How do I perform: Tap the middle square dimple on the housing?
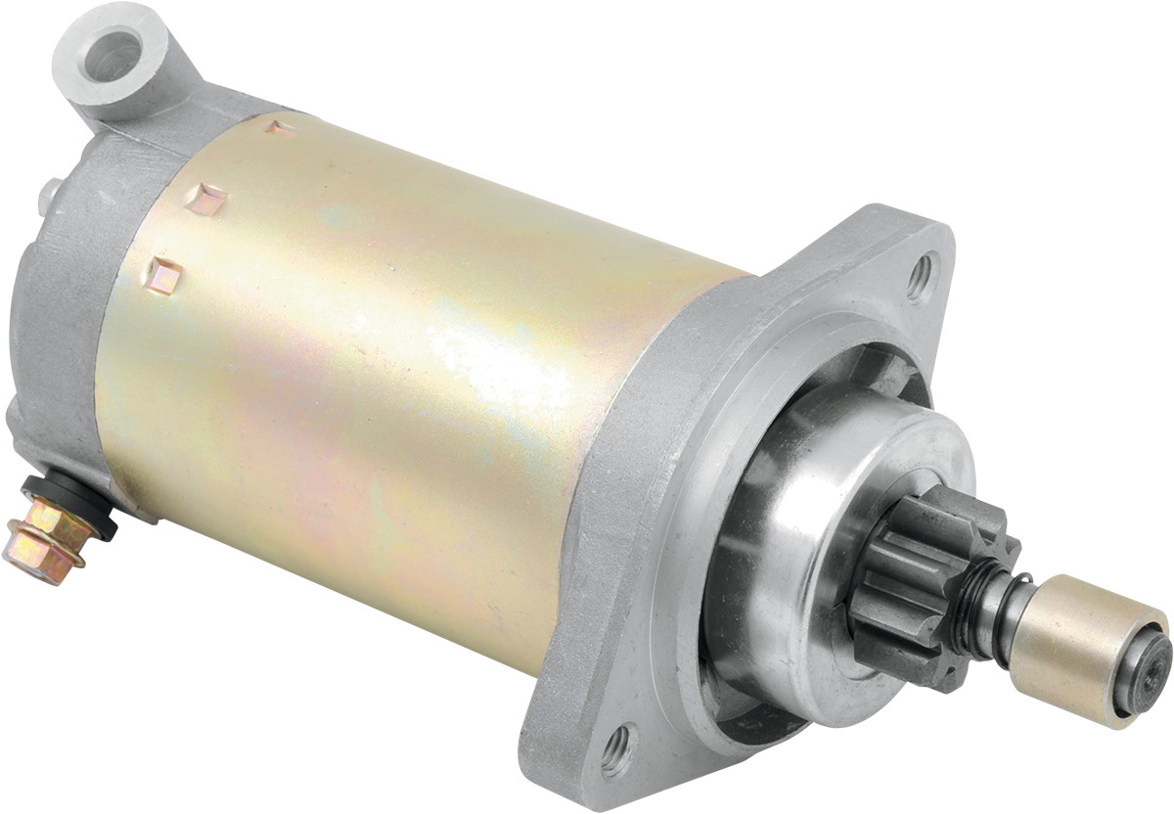pyautogui.click(x=208, y=200)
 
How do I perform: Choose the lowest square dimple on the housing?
pyautogui.click(x=164, y=276)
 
